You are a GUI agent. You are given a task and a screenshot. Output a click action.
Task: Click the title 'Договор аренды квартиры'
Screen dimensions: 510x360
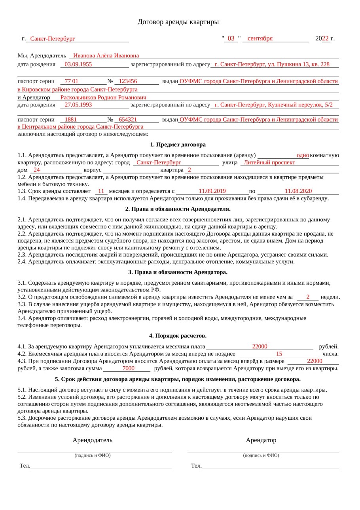tap(178, 22)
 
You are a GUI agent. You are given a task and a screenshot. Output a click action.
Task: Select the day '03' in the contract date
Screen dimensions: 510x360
tap(231, 38)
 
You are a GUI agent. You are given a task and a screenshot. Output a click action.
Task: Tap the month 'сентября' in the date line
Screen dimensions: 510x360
tap(260, 38)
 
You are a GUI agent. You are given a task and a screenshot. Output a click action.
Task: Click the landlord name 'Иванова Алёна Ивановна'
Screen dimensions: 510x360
tap(106, 56)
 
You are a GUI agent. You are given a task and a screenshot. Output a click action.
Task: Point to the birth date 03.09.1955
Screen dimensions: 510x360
tap(78, 64)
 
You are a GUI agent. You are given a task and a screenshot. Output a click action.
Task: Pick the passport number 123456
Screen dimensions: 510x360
tap(128, 81)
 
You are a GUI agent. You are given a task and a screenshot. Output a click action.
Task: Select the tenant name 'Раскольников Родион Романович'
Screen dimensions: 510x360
tap(103, 97)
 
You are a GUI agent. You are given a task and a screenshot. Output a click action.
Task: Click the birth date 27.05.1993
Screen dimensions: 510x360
tap(78, 105)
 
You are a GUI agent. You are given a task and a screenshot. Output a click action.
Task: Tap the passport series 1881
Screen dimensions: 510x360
tap(71, 119)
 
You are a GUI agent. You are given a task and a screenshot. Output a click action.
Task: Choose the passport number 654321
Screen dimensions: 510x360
tap(128, 119)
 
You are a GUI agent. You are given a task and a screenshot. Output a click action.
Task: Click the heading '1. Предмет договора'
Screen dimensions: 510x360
tap(178, 145)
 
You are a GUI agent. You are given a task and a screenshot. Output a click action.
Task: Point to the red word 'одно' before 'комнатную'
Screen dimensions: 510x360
tap(303, 155)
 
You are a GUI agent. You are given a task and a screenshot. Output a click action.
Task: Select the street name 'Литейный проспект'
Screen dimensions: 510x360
tap(269, 162)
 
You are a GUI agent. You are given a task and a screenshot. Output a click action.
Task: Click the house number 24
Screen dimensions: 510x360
tap(37, 170)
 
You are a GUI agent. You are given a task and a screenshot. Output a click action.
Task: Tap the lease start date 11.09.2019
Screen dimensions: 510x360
tap(212, 191)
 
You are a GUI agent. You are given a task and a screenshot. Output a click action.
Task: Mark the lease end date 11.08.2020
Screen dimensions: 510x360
tap(298, 191)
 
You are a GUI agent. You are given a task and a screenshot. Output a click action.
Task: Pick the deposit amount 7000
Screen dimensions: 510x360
tap(129, 368)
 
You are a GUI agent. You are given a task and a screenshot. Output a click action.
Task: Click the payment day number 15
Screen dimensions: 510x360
tap(279, 354)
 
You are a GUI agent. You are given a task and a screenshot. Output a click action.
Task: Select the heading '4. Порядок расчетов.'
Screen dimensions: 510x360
tap(178, 336)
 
